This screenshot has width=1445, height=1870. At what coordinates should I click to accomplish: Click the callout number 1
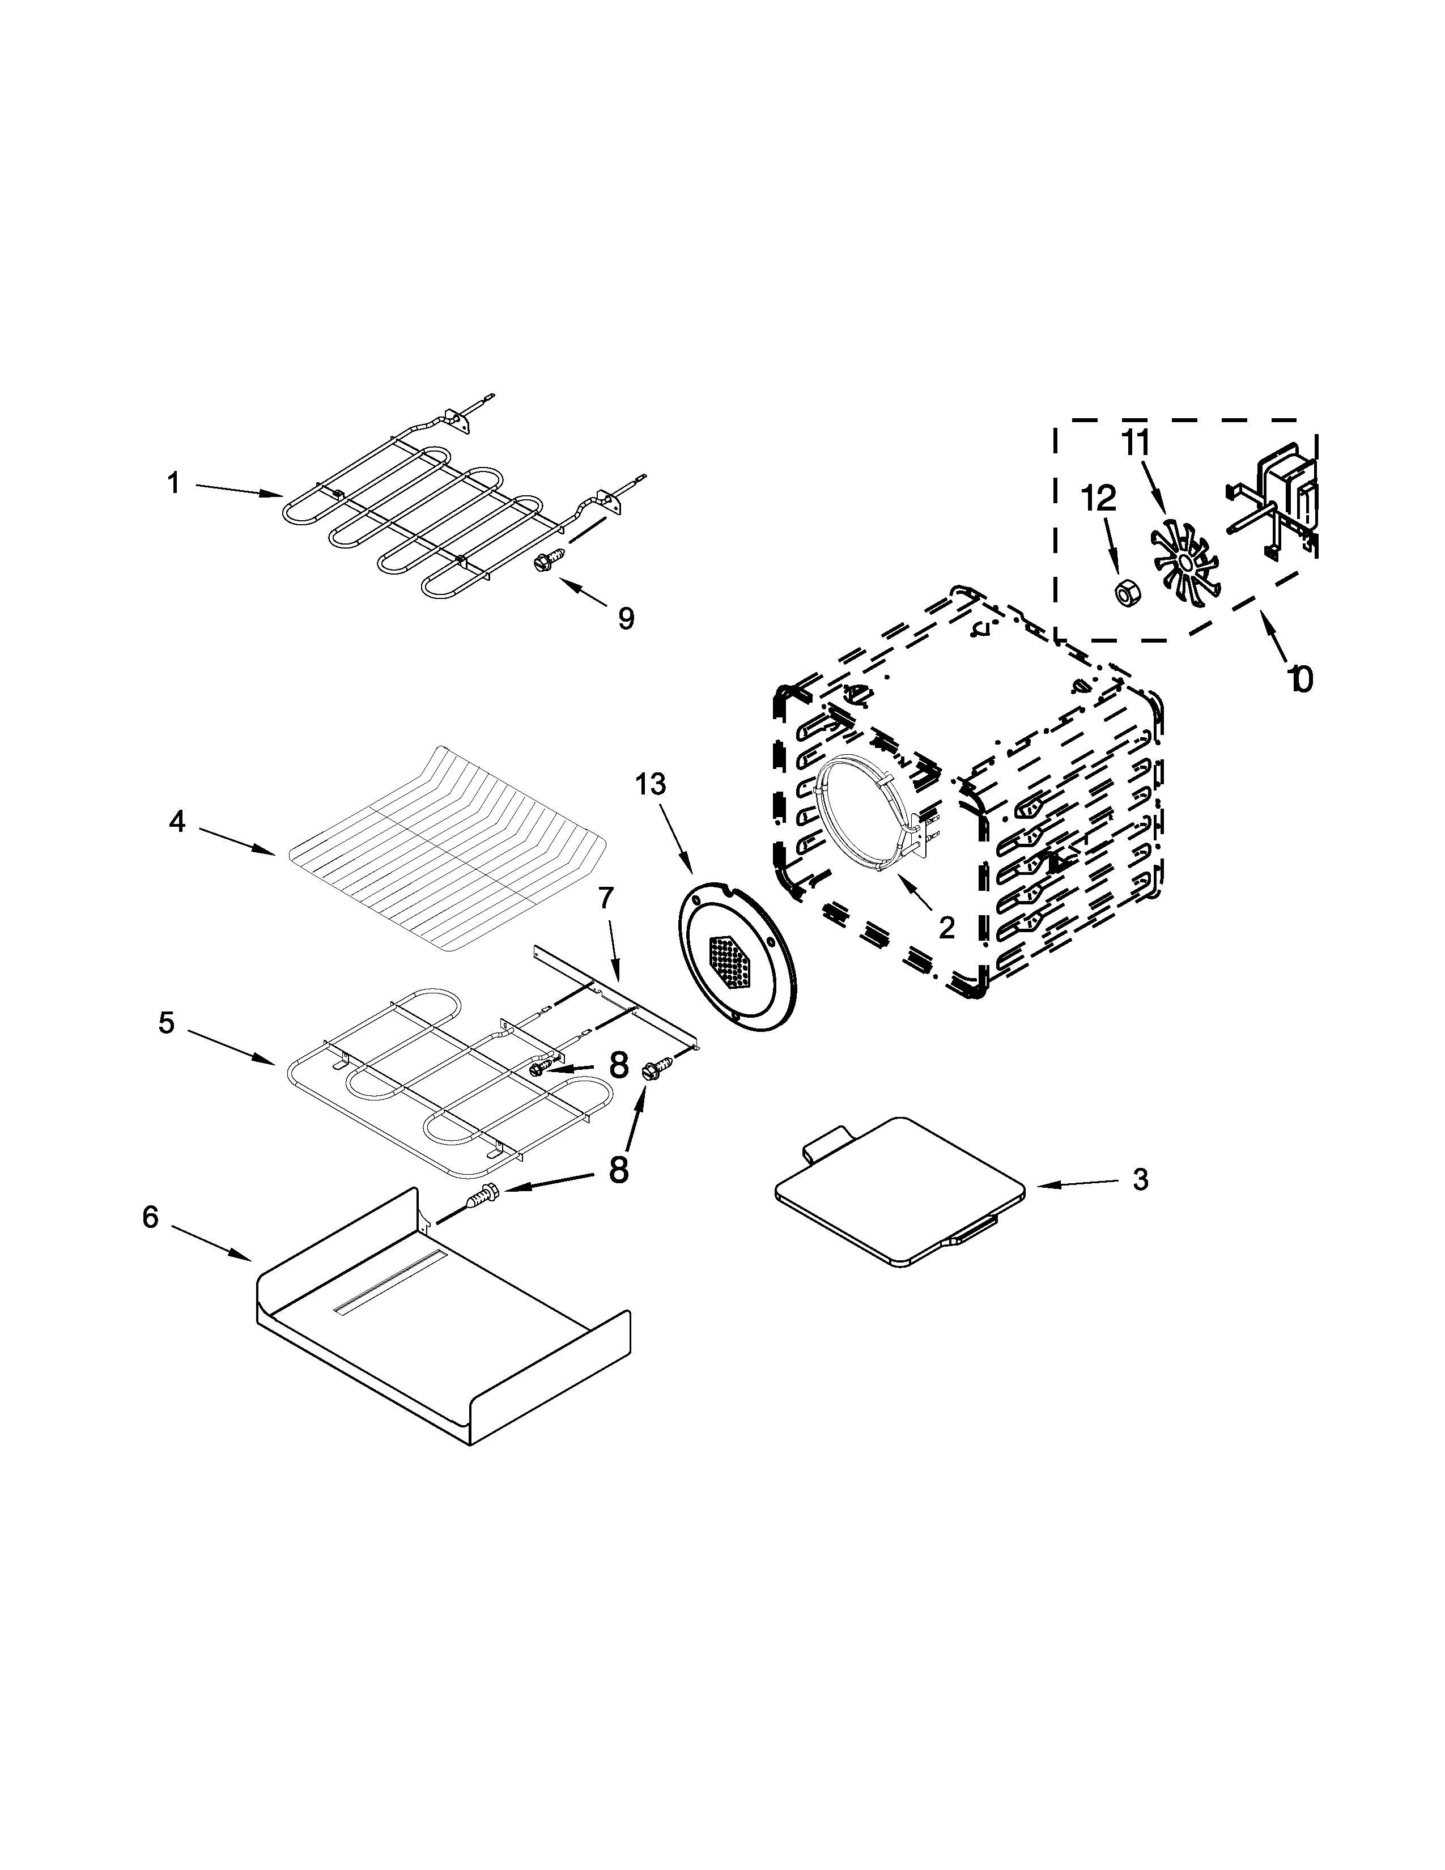174,484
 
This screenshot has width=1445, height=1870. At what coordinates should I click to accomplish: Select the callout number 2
946,926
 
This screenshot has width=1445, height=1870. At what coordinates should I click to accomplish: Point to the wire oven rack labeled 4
445,848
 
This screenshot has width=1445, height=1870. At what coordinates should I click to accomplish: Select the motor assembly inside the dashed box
1276,505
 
